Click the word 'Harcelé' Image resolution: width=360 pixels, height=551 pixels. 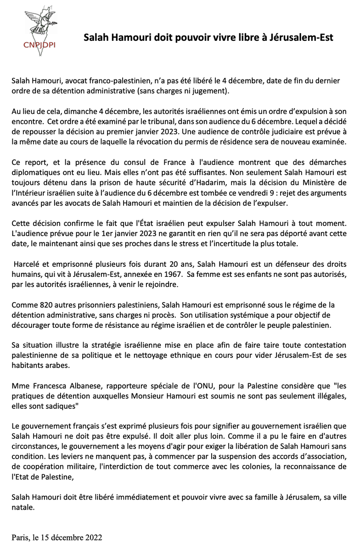(x=28, y=267)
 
